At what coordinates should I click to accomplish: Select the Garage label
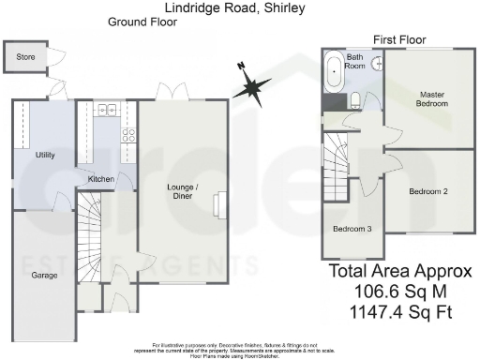(44, 275)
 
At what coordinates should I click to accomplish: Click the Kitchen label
(100, 178)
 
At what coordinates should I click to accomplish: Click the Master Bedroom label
(433, 97)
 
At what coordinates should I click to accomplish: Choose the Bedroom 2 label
(427, 191)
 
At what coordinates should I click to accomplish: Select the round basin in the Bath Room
(376, 65)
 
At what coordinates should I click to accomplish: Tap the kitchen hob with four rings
(127, 135)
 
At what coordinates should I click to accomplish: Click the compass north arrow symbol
(250, 87)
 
